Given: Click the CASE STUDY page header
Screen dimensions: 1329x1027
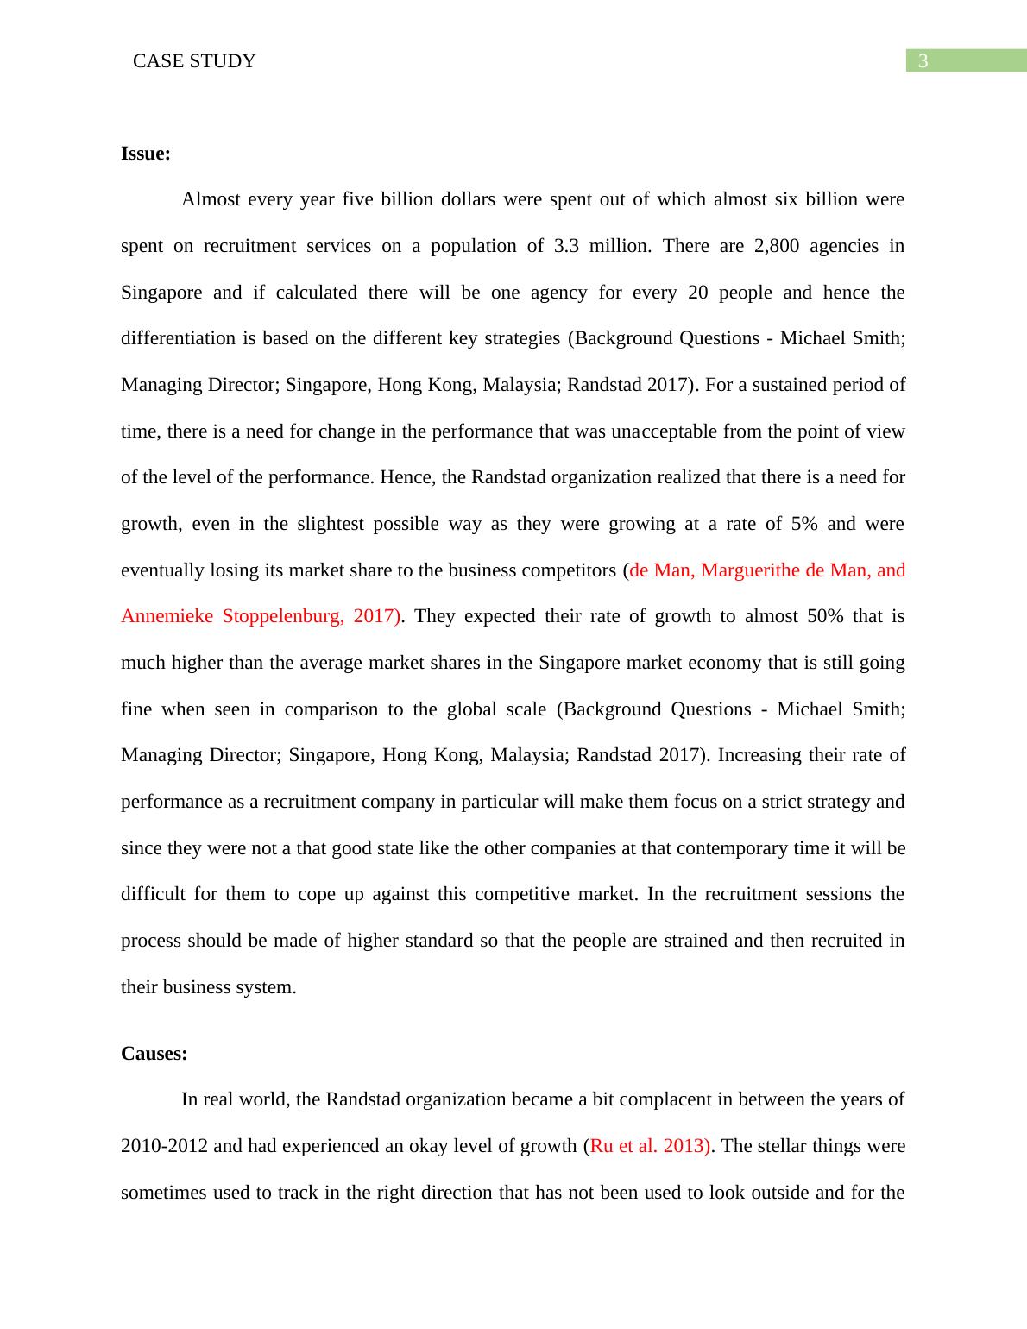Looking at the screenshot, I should coord(194,61).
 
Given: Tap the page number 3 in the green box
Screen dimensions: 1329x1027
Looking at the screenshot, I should coord(923,61).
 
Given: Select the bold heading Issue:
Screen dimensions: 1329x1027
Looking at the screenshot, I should coord(146,154).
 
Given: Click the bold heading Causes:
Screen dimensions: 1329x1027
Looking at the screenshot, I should coord(154,1053).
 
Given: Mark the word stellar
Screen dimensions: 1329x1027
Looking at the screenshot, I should coord(792,1146).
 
